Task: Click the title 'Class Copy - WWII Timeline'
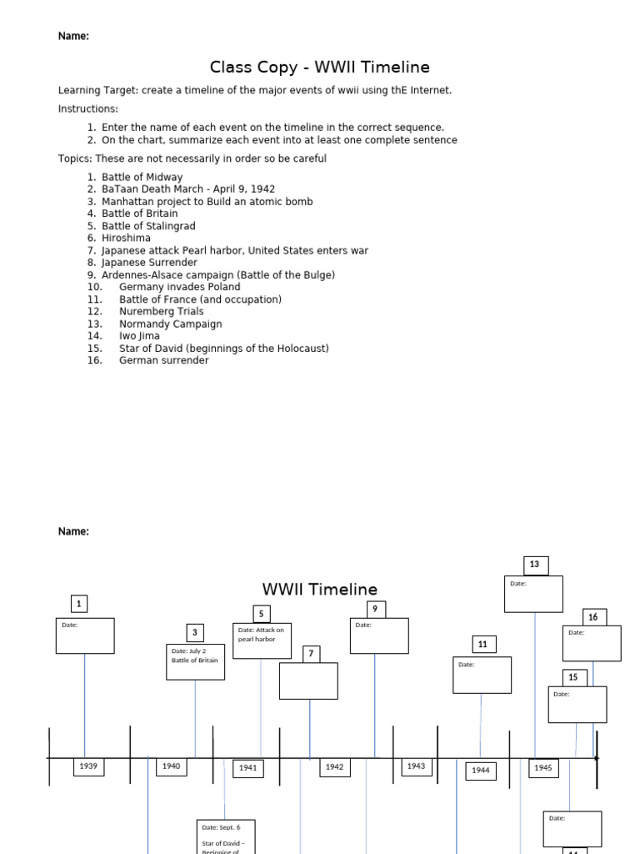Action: pyautogui.click(x=320, y=67)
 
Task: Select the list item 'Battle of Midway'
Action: pyautogui.click(x=142, y=177)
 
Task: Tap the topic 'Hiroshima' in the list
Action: pyautogui.click(x=126, y=238)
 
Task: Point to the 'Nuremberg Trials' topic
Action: pyautogui.click(x=161, y=311)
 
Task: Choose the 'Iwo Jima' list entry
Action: pyautogui.click(x=139, y=336)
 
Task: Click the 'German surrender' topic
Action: pyautogui.click(x=163, y=360)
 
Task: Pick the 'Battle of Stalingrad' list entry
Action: pyautogui.click(x=148, y=226)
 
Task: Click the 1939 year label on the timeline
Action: pyautogui.click(x=89, y=766)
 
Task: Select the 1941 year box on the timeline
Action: pyautogui.click(x=248, y=767)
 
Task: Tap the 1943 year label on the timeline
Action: pyautogui.click(x=416, y=766)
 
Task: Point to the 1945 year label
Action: pyautogui.click(x=543, y=767)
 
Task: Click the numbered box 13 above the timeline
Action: pyautogui.click(x=535, y=565)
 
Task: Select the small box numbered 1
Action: pyautogui.click(x=79, y=604)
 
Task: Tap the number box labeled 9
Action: pyautogui.click(x=375, y=609)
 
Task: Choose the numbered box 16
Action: pyautogui.click(x=593, y=617)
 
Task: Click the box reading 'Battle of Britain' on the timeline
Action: pyautogui.click(x=195, y=661)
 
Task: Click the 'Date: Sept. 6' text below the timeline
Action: pyautogui.click(x=221, y=827)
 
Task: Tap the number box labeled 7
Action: pyautogui.click(x=311, y=654)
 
